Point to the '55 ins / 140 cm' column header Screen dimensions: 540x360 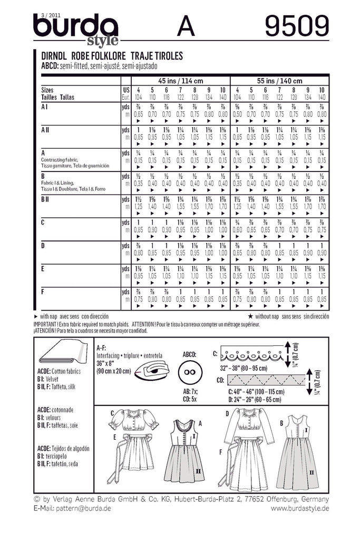[280, 81]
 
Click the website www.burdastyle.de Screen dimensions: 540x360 [300, 508]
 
